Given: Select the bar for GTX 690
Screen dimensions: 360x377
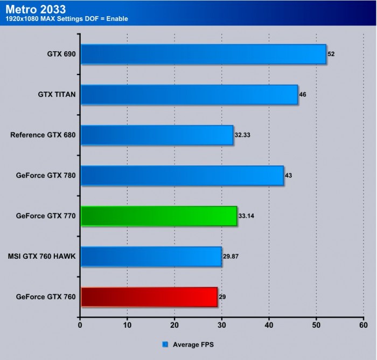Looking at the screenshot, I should click(x=203, y=54).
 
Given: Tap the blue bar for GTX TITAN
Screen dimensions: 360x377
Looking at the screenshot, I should click(x=189, y=94).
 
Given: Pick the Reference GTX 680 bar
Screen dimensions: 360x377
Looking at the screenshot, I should click(x=157, y=135).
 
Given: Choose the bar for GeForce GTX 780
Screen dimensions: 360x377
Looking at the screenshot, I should click(x=182, y=175).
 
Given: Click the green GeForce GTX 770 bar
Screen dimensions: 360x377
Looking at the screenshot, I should click(x=158, y=216).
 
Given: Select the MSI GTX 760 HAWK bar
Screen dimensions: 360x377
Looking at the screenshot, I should click(x=151, y=257).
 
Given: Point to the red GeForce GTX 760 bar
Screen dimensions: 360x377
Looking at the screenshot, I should click(x=149, y=297).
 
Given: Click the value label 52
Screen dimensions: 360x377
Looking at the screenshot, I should click(x=332, y=54).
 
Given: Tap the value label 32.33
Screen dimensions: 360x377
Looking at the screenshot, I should click(x=242, y=135).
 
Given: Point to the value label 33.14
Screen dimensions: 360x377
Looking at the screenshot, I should click(x=246, y=216).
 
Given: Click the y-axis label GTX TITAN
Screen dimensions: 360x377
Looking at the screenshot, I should click(x=57, y=94).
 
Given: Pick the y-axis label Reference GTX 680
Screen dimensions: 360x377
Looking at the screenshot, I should click(x=43, y=135).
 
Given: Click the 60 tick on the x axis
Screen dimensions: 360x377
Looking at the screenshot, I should click(x=363, y=325).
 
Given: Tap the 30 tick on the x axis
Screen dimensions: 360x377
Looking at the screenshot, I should click(x=221, y=325).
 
